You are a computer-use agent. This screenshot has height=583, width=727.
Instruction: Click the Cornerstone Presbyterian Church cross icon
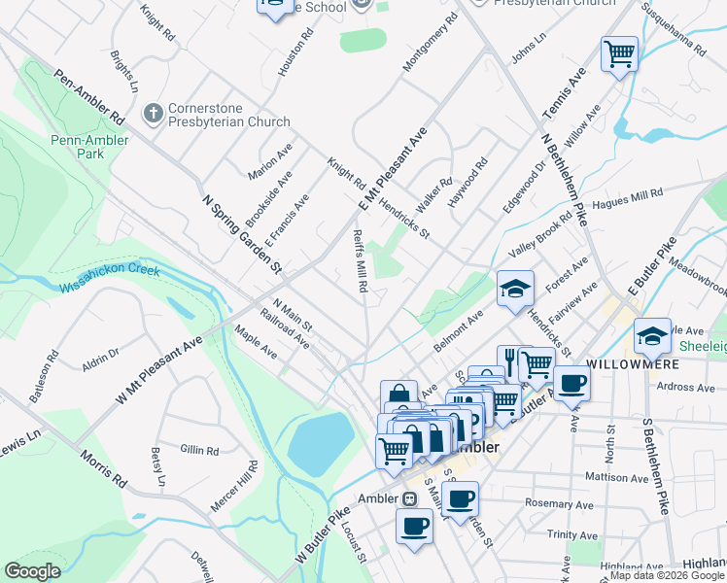[152, 115]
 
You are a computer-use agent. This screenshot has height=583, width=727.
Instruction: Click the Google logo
[33, 571]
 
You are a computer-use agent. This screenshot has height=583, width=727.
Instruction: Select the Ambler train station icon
[410, 498]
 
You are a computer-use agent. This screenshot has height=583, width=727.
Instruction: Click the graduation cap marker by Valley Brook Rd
[515, 288]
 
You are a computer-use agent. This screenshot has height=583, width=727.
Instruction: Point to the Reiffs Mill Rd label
[361, 259]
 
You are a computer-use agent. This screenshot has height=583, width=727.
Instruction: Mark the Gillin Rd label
[199, 450]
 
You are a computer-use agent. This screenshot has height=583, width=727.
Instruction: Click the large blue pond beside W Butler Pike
[321, 442]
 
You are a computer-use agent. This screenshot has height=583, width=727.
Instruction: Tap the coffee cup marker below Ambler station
[414, 527]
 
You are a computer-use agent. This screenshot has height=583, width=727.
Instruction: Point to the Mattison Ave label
[616, 478]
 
